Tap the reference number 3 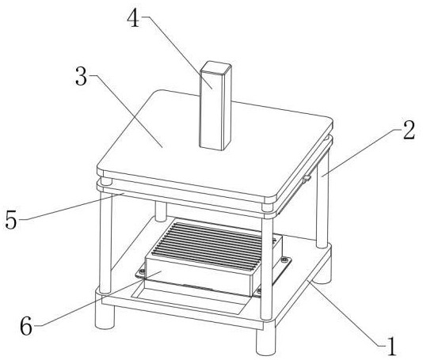[x=82, y=77]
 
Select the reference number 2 [x=409, y=130]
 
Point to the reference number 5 [x=11, y=220]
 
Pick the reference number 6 [x=26, y=326]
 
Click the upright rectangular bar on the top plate [x=215, y=106]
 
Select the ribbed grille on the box [x=208, y=244]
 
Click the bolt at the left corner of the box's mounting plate [x=141, y=271]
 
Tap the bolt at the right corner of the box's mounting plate [x=284, y=260]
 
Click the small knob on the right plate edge [x=307, y=178]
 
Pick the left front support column [x=105, y=242]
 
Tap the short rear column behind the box [x=161, y=211]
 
